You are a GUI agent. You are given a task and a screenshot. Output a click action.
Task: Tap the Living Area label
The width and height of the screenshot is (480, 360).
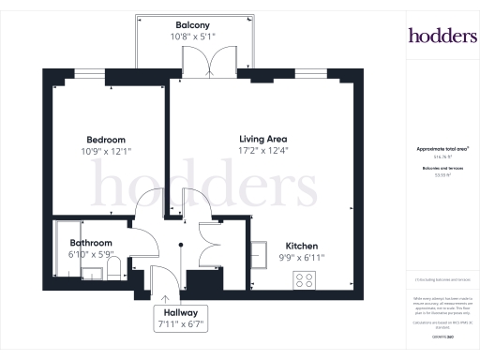click(x=262, y=137)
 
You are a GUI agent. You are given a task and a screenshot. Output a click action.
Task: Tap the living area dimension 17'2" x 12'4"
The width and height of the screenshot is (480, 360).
click(x=262, y=150)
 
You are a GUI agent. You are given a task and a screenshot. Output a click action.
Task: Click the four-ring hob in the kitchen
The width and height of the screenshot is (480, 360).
click(x=305, y=278)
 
